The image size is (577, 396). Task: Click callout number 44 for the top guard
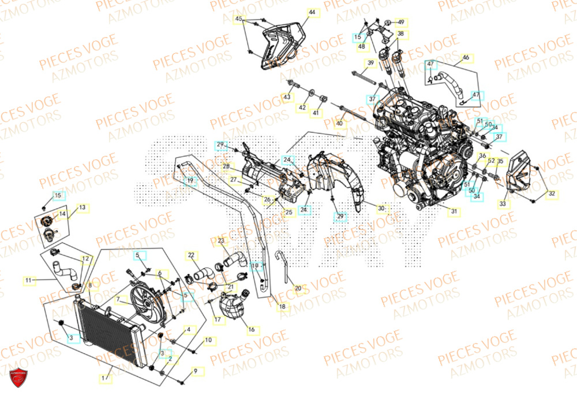[312, 12]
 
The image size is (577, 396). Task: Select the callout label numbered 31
[454, 212]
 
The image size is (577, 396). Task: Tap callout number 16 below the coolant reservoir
[251, 330]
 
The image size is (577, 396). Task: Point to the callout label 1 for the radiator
[104, 378]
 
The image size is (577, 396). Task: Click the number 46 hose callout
[466, 58]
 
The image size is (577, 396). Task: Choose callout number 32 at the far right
[551, 194]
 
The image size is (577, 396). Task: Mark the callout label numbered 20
[298, 288]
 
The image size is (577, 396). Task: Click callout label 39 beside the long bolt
[369, 62]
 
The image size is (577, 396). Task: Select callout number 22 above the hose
[191, 255]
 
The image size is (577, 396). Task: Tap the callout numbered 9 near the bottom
[195, 371]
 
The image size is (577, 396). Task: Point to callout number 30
[381, 208]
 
